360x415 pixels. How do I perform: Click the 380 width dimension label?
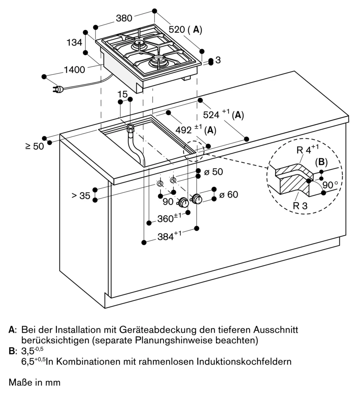click(x=124, y=18)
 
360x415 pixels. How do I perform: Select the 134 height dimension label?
click(x=75, y=42)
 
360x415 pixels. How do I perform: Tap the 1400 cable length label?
click(x=75, y=69)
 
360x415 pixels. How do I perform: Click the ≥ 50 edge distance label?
click(x=35, y=146)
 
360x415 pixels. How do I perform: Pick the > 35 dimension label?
click(x=80, y=196)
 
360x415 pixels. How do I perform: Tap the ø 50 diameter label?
click(x=213, y=172)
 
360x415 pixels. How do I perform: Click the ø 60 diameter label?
click(x=229, y=195)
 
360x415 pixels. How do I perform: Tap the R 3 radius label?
click(x=301, y=206)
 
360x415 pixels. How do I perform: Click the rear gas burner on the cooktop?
click(x=139, y=45)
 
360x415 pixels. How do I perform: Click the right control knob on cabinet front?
click(x=197, y=198)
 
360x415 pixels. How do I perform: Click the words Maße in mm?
click(x=35, y=382)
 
